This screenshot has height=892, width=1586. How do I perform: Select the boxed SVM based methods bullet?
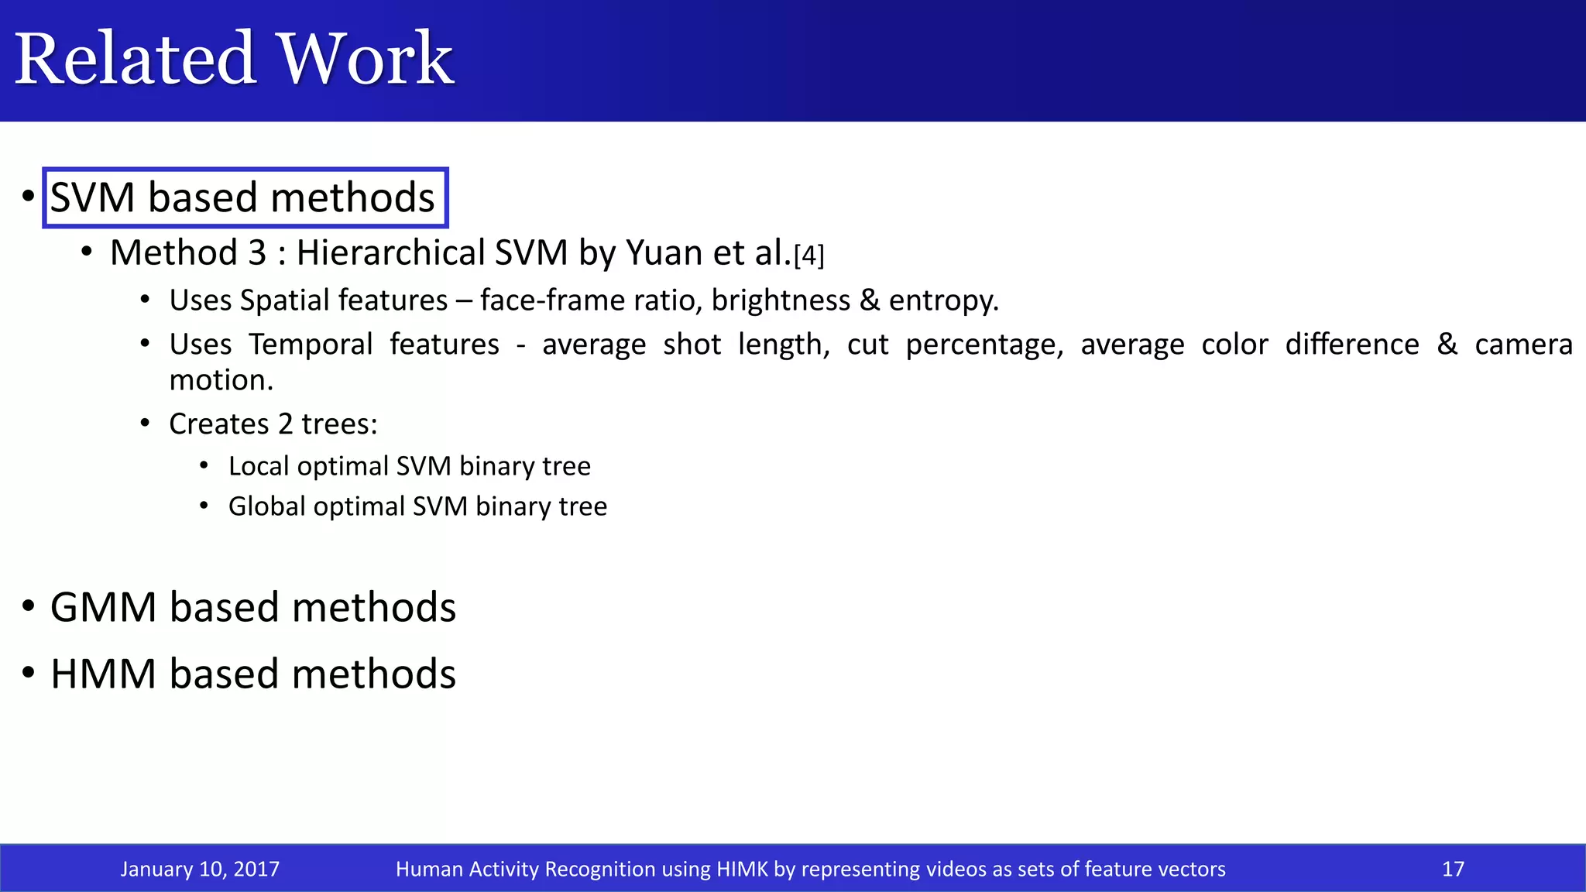243,197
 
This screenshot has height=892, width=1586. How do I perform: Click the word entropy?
943,300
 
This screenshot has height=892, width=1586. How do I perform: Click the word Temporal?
311,344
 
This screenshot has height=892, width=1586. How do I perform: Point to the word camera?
1523,345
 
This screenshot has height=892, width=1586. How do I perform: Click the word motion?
221,380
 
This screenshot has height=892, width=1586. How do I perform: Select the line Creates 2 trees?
273,424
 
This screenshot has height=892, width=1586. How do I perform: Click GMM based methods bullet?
252,607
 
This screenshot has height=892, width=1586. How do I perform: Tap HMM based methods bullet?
252,674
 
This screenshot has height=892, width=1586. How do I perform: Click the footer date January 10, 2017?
200,869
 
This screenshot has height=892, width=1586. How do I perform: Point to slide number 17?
1453,869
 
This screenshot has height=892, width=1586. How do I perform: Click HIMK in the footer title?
741,869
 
